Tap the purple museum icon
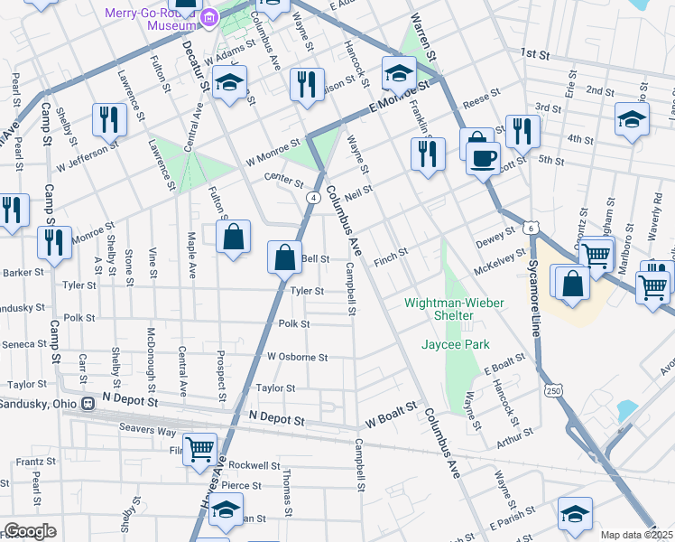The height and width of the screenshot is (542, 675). click(209, 16)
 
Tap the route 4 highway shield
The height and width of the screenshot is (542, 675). click(312, 197)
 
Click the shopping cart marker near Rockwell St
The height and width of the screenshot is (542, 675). click(199, 447)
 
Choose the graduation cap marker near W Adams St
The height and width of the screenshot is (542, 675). click(230, 83)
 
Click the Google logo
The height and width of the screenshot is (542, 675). click(30, 531)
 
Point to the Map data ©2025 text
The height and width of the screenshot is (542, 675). click(636, 535)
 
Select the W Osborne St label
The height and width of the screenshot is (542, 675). click(297, 357)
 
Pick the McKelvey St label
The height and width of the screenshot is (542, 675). click(499, 265)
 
